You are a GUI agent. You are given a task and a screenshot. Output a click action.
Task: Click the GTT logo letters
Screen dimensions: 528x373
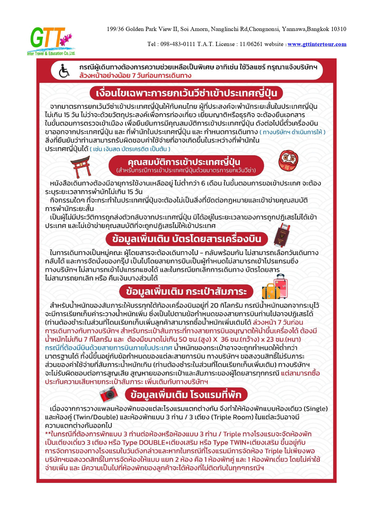click(47, 38)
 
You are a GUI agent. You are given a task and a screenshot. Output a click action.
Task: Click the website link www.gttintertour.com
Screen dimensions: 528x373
click(317, 44)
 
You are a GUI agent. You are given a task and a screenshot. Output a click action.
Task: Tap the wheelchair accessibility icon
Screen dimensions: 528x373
click(64, 71)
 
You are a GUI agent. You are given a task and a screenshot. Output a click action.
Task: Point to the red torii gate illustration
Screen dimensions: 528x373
click(81, 167)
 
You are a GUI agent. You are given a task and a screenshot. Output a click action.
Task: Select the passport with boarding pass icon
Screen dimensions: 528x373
click(282, 235)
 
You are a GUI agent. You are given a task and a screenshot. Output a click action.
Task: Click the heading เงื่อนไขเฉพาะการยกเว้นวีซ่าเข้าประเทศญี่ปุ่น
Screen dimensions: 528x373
click(186, 93)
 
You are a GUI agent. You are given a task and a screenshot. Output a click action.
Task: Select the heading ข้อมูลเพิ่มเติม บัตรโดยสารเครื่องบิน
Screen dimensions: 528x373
click(187, 239)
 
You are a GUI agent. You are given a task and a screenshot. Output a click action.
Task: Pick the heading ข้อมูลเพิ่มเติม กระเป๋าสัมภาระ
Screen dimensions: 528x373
click(186, 292)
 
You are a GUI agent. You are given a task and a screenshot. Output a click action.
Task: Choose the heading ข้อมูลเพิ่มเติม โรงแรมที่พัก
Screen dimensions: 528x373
click(186, 394)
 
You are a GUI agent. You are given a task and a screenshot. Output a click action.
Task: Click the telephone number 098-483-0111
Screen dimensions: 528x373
click(178, 44)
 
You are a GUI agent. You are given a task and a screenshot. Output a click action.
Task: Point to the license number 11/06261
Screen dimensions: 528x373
click(251, 44)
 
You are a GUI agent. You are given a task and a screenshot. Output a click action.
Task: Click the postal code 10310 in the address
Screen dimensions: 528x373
click(338, 29)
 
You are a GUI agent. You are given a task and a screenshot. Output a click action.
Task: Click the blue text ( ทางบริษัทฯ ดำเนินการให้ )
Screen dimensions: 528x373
click(292, 132)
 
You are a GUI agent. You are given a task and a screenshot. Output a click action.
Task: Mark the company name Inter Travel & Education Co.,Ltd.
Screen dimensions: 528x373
click(51, 54)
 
